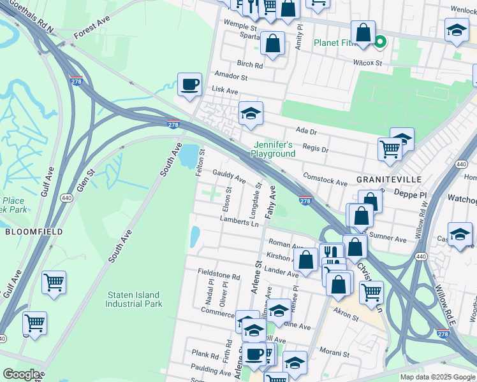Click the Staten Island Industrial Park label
134,299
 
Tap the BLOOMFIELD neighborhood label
34,232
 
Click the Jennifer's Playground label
273,149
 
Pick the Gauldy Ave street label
230,176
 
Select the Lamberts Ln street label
239,220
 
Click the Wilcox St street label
367,63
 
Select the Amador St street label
231,75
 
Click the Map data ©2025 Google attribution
437,377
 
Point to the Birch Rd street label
249,65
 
